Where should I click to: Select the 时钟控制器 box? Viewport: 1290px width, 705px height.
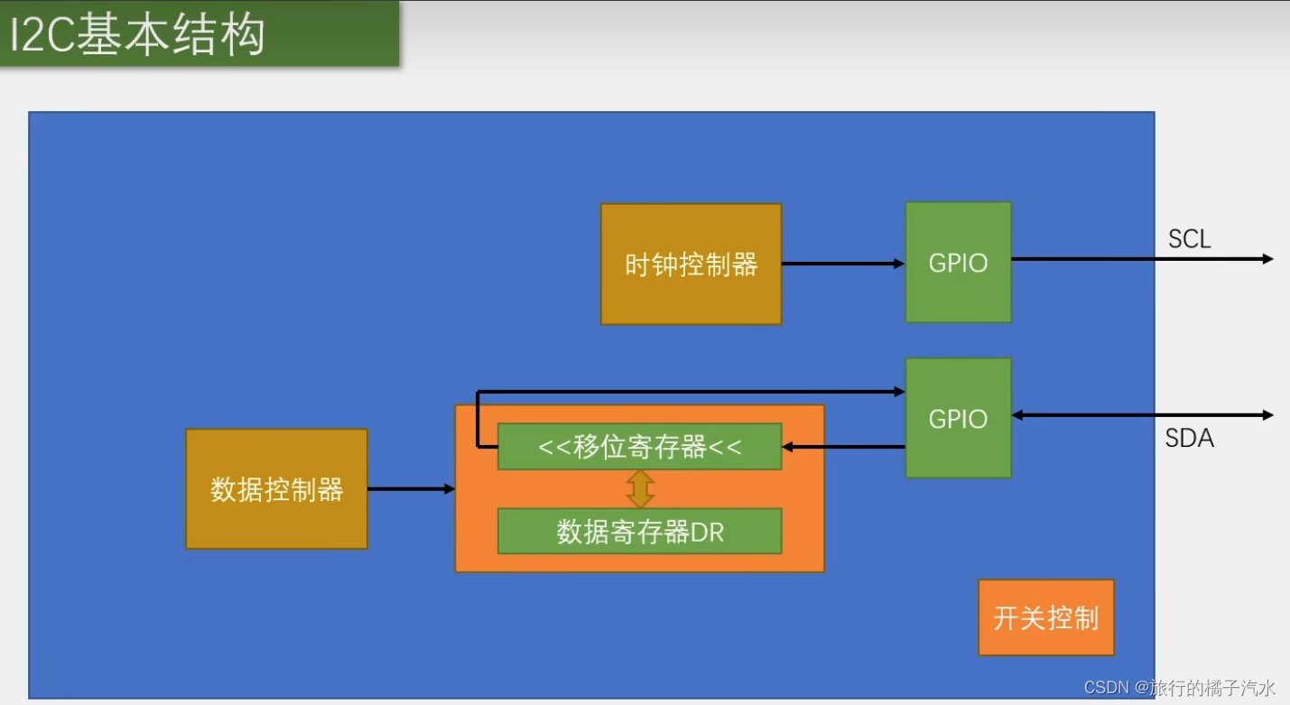click(691, 264)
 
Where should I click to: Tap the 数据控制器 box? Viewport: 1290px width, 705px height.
click(276, 489)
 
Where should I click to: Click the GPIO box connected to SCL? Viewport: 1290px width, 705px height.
click(958, 263)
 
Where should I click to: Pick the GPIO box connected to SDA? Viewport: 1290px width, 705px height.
click(958, 418)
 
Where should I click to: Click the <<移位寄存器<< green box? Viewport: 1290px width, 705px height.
click(639, 447)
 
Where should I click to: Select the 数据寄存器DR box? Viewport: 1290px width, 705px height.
click(639, 532)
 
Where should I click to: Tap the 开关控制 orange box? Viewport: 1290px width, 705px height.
click(1045, 617)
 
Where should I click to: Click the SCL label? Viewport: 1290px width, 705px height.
click(1189, 239)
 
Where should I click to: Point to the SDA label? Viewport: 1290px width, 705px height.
click(1189, 439)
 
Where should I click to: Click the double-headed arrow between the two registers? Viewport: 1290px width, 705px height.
click(640, 488)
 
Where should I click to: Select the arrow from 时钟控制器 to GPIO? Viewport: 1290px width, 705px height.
click(843, 264)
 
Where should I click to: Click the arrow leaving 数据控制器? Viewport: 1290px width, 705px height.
click(411, 489)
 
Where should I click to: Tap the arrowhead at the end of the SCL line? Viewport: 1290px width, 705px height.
click(1267, 259)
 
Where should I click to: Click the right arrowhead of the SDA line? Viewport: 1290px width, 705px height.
click(1267, 415)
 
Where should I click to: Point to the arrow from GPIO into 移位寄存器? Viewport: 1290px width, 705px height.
click(843, 447)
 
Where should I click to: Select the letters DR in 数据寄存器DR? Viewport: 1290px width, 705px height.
click(708, 533)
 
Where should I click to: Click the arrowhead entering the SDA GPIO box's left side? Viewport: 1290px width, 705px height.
click(899, 392)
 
